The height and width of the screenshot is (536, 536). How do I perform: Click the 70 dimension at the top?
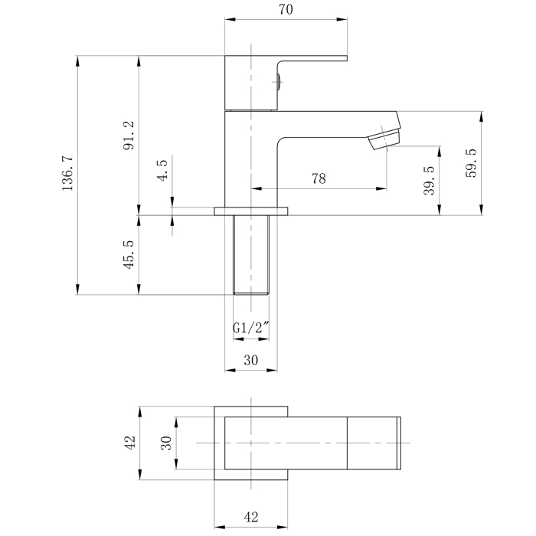286,9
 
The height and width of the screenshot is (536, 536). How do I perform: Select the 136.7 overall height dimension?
67,173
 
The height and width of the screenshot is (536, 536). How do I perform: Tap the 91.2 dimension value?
129,136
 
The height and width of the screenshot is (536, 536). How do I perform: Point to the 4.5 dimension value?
162,170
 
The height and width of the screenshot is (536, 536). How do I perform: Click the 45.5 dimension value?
129,255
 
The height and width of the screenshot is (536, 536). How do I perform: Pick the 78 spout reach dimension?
319,178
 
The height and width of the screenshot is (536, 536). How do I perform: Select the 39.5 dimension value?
429,180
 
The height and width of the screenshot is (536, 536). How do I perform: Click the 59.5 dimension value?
471,162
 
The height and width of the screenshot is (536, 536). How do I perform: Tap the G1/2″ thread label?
251,328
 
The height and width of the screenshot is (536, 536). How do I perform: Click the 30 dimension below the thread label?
251,360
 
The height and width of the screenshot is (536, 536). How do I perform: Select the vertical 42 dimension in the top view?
130,443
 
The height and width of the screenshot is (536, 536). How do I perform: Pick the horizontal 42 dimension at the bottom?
251,517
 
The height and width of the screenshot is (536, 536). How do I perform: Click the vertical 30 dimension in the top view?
166,443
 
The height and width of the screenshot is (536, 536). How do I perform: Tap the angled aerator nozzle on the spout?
384,138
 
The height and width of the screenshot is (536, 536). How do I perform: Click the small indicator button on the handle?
279,82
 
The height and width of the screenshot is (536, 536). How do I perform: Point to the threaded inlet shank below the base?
251,255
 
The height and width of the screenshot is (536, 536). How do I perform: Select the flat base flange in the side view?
251,211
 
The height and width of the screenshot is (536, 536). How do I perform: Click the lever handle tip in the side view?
346,58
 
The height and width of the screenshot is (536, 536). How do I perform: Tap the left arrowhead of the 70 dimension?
230,19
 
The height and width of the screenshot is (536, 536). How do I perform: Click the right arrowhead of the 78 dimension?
381,188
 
